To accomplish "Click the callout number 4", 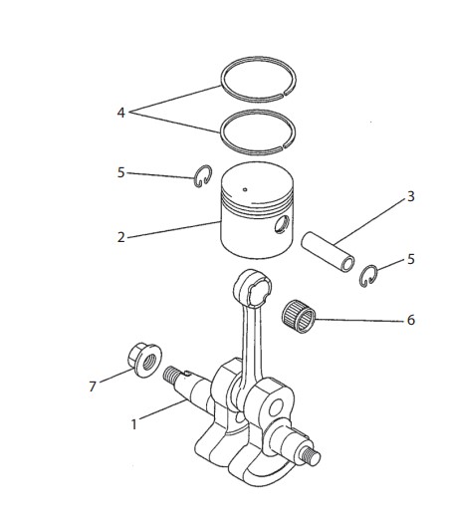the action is coord(121,113).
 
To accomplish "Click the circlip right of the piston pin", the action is coord(361,276).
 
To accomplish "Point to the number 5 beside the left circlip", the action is coord(121,172).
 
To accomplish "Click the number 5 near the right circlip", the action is coord(410,259).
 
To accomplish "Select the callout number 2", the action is coord(121,237).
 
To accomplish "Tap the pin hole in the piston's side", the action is coord(283,224).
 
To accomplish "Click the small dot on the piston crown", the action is coord(245,190).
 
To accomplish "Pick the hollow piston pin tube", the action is coord(328,251).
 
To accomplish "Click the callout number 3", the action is coord(411,197).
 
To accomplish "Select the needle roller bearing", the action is coord(299,317).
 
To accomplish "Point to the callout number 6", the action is coord(411,320).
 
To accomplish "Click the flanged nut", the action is coord(144,360).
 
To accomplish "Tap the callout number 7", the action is coord(93,387).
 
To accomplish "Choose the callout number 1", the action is coord(134,425).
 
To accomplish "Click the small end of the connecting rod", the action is coord(252,288).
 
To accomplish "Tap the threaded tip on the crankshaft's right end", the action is coord(311,455).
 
